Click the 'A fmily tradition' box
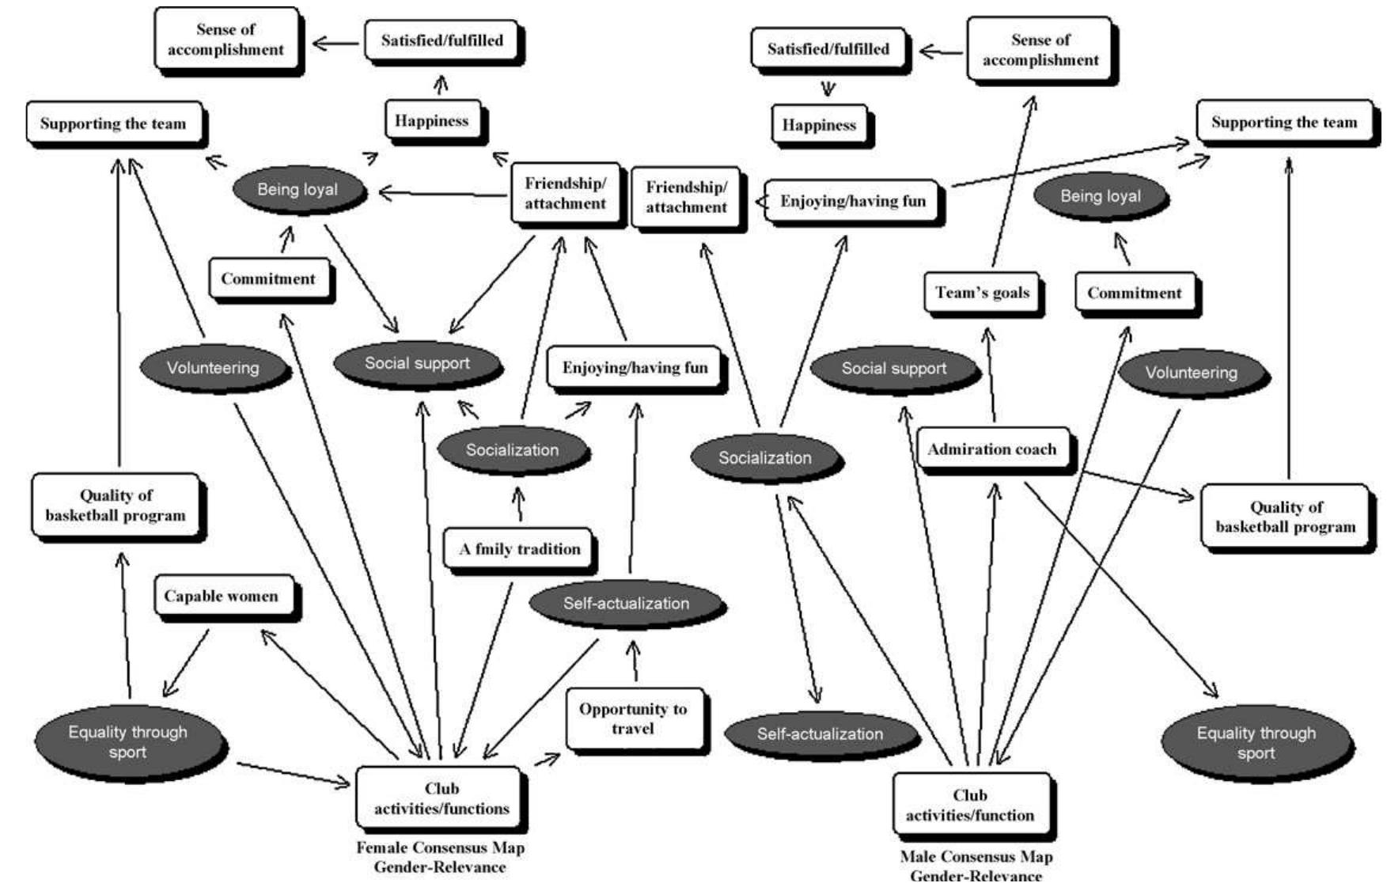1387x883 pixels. [x=519, y=549]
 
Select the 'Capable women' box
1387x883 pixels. [x=222, y=597]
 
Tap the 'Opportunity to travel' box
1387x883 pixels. [x=633, y=718]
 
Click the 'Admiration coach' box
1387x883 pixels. [x=991, y=449]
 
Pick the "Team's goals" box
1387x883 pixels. [x=982, y=293]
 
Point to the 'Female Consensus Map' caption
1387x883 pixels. [x=440, y=848]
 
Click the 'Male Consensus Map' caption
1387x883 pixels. [x=976, y=857]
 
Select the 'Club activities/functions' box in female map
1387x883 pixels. [x=441, y=798]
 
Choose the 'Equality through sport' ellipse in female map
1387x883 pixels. [x=128, y=741]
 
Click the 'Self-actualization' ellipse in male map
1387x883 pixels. [x=820, y=733]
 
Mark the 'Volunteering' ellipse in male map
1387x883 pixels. [x=1191, y=373]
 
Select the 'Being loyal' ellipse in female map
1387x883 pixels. [x=297, y=190]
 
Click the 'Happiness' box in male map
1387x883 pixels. [x=819, y=125]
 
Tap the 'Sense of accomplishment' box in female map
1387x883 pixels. [x=225, y=40]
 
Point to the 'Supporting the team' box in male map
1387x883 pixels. [x=1283, y=123]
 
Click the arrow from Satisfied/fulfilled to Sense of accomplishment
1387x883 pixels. [x=335, y=42]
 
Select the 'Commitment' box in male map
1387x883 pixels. [x=1134, y=294]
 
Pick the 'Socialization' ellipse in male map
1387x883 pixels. [x=764, y=457]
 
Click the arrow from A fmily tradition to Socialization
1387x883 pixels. [x=519, y=505]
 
